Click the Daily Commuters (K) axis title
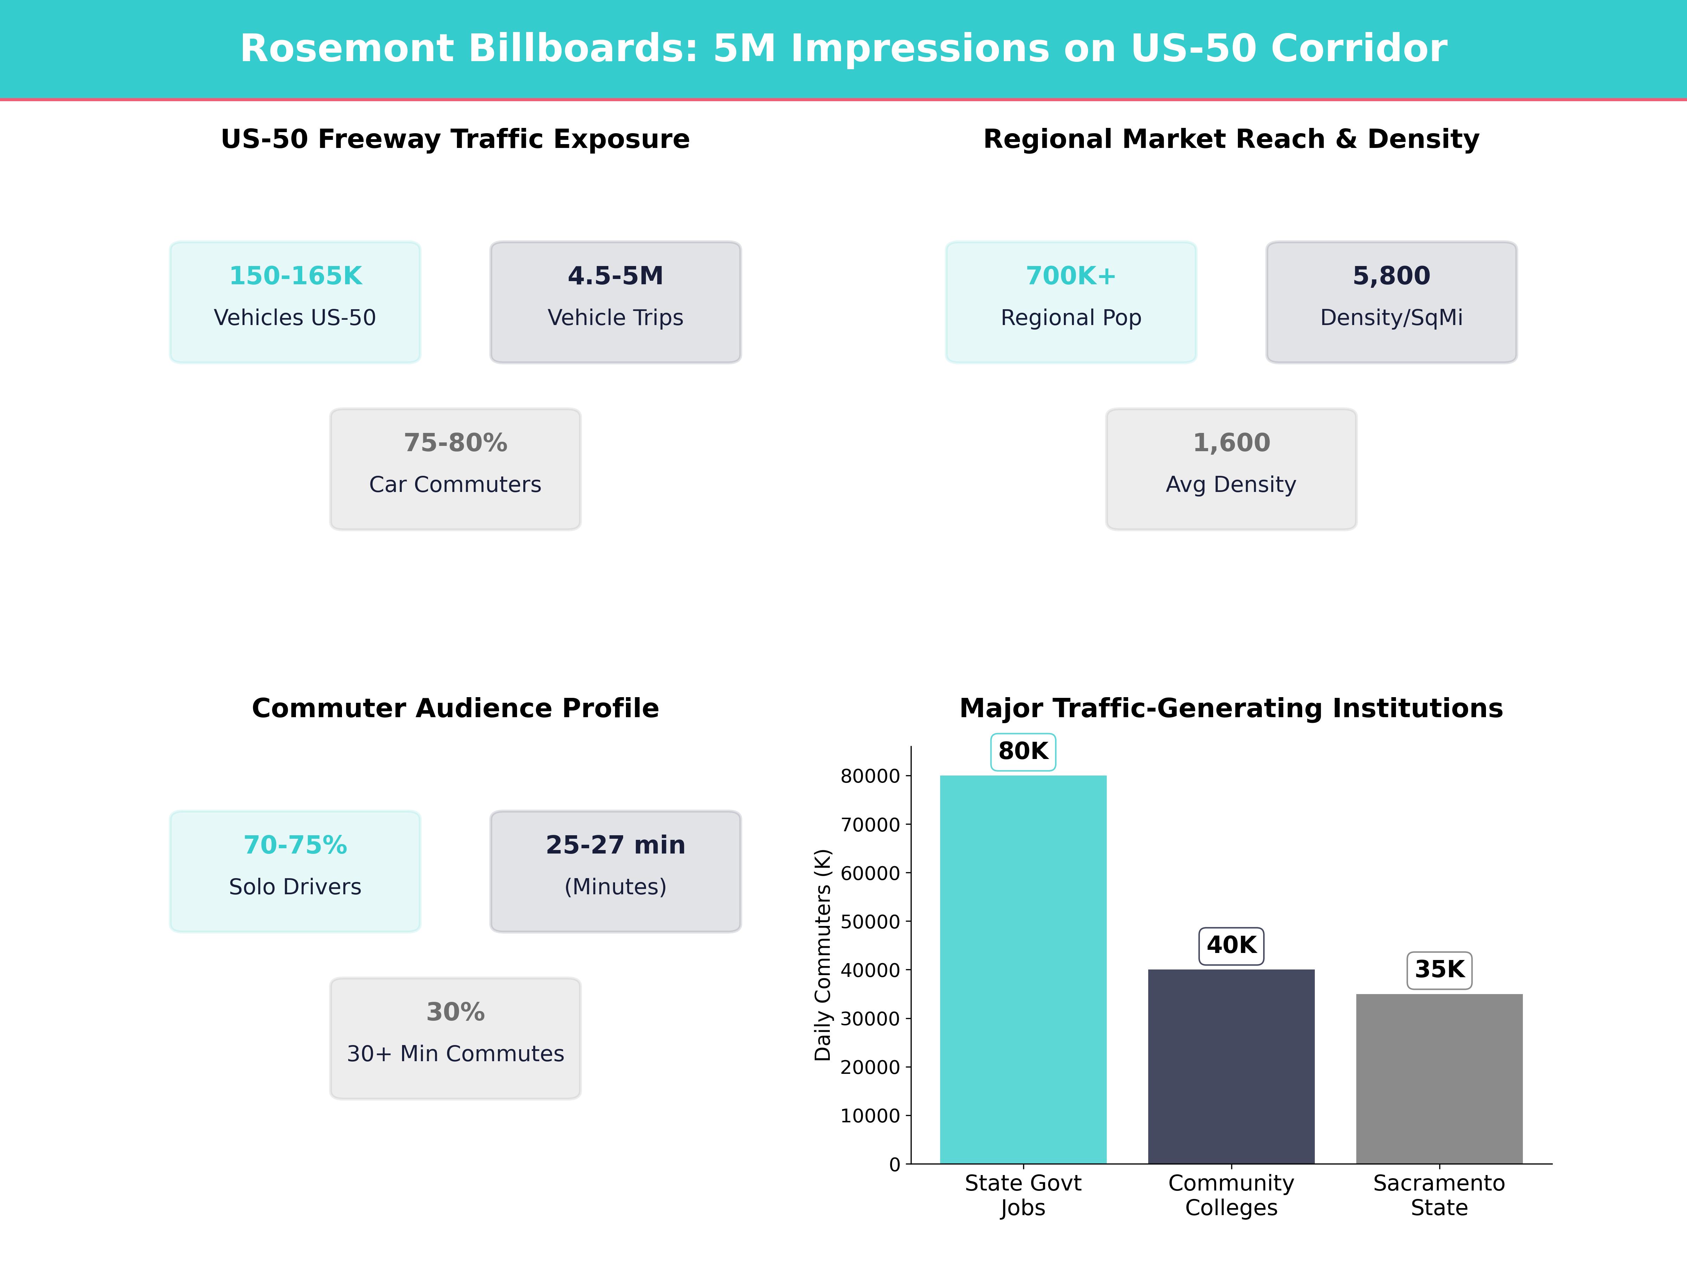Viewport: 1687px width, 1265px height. [x=822, y=955]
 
